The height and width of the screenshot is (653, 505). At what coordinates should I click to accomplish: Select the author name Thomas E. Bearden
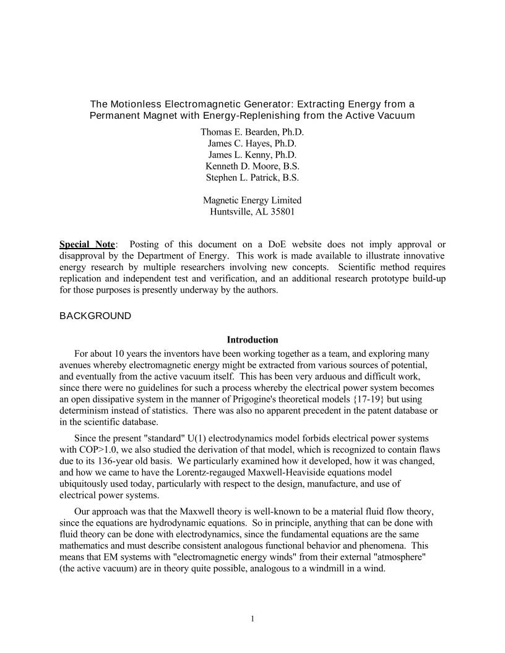252,132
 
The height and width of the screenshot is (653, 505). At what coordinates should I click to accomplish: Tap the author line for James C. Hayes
252,143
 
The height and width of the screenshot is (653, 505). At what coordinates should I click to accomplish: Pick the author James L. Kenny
252,155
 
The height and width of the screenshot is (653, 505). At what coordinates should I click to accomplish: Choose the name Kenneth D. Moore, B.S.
252,166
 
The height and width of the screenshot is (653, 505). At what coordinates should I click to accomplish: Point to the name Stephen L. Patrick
252,177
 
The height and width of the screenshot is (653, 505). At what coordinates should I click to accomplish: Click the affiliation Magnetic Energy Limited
252,200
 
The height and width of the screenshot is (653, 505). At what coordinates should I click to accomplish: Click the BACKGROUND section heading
95,316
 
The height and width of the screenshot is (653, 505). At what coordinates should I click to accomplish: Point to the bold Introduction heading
252,340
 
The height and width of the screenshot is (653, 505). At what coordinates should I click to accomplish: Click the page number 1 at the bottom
252,619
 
